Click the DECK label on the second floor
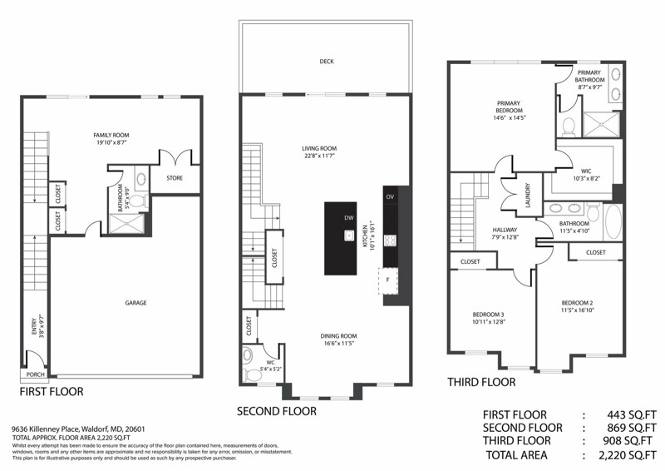tap(326, 61)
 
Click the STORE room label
tap(174, 177)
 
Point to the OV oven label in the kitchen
tap(390, 196)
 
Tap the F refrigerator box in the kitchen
tap(387, 280)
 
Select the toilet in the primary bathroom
tap(569, 126)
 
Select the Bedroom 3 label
tap(488, 314)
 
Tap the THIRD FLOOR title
tap(480, 382)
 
